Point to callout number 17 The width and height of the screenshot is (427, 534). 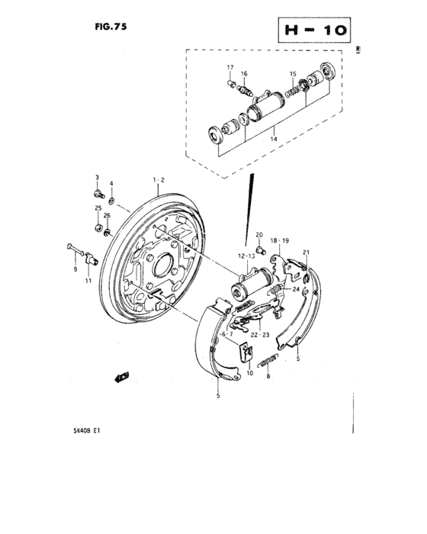pos(228,68)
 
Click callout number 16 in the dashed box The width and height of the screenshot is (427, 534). pos(244,73)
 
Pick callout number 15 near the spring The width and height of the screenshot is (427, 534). pos(292,73)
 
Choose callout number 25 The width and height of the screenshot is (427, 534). pos(97,208)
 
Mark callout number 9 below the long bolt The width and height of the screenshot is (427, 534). pos(75,269)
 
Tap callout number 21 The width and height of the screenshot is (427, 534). pos(305,253)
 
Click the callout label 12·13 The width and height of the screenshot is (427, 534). pos(245,256)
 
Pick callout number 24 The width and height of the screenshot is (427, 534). pos(295,288)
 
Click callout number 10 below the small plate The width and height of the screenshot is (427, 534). pos(249,374)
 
